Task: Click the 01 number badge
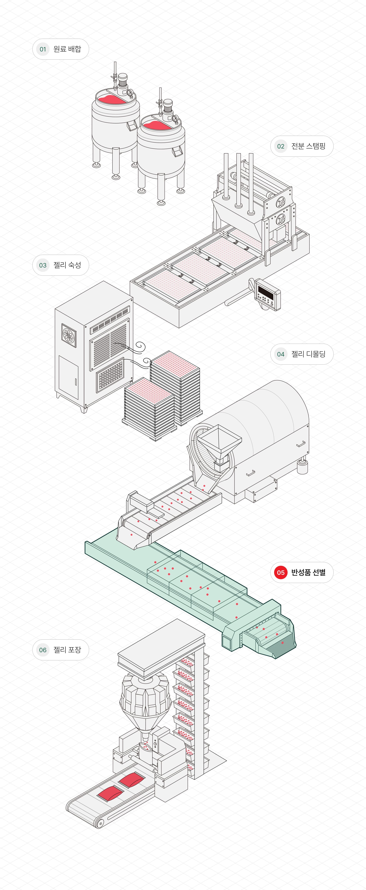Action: tap(43, 49)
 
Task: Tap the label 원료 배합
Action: tap(67, 49)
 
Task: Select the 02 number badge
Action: tap(281, 146)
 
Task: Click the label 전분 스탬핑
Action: tap(308, 146)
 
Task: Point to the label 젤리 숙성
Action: tap(67, 265)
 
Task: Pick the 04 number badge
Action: tap(281, 354)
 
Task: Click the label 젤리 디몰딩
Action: tap(308, 354)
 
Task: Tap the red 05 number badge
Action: tap(281, 572)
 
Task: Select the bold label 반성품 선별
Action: tap(308, 572)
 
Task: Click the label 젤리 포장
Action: tap(67, 650)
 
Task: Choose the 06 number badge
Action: tap(43, 650)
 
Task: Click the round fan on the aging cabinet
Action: tap(69, 335)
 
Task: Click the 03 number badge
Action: tap(43, 265)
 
